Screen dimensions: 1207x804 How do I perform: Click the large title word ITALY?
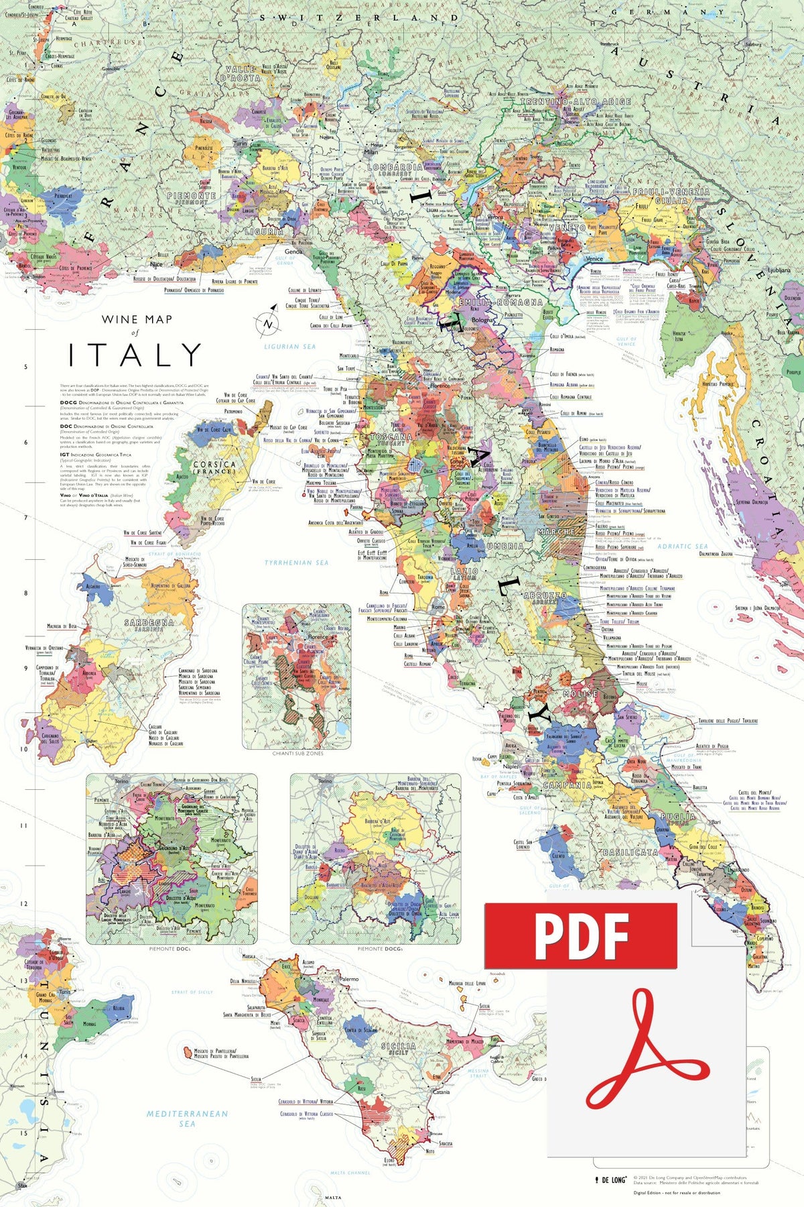[135, 355]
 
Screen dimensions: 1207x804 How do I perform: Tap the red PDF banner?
[580, 935]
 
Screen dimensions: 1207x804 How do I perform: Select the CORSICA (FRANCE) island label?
[214, 467]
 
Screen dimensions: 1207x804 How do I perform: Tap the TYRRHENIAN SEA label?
[296, 562]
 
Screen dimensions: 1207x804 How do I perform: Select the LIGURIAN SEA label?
[289, 347]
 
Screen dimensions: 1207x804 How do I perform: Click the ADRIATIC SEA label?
[682, 546]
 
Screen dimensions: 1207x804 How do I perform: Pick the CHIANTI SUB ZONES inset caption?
[297, 754]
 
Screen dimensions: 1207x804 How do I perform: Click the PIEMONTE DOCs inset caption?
[172, 949]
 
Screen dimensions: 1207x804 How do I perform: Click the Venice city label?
[594, 258]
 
